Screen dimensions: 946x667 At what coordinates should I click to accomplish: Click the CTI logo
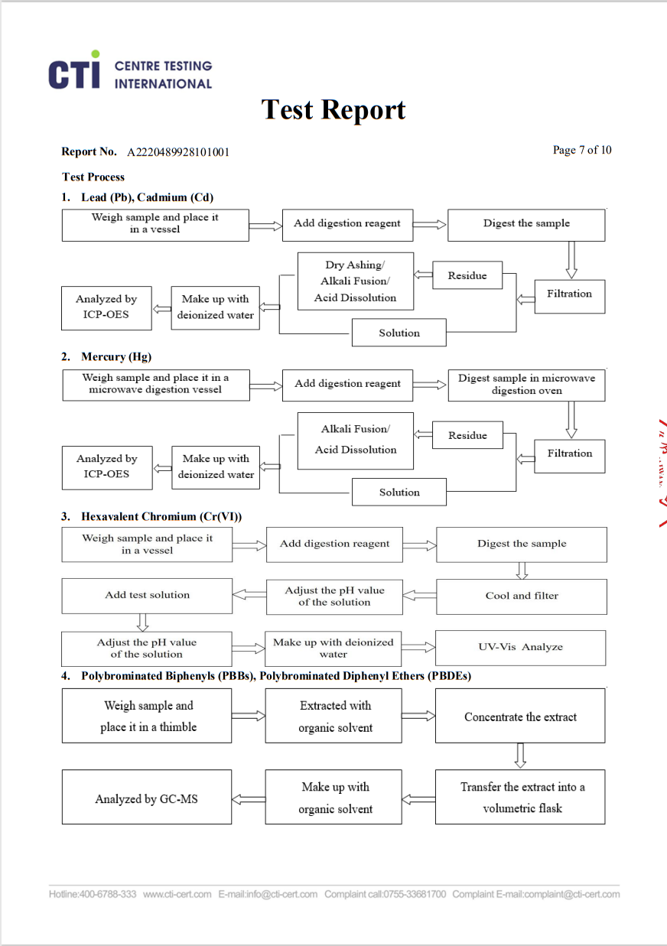point(74,71)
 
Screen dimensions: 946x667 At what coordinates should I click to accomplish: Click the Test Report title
point(333,110)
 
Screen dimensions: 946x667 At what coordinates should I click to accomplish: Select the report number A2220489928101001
point(178,151)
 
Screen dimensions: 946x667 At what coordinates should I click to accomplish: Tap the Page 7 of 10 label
point(582,150)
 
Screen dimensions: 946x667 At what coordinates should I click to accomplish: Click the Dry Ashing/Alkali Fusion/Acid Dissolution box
point(355,281)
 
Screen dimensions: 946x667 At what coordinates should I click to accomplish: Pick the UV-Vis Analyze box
point(520,647)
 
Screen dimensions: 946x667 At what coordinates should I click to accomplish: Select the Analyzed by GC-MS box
point(147,798)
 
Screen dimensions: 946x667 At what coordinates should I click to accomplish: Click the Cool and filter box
point(522,596)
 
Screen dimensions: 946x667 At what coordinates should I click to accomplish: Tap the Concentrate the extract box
point(520,717)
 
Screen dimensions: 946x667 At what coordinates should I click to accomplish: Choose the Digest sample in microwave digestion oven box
point(526,384)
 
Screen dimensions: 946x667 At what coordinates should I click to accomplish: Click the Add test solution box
point(147,595)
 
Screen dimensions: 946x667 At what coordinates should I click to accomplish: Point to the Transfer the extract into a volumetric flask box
point(520,798)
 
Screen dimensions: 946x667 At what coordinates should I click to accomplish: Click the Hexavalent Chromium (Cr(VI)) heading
point(161,516)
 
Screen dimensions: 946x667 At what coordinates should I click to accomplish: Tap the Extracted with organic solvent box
point(335,717)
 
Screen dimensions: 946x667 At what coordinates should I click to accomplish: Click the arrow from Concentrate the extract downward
point(520,756)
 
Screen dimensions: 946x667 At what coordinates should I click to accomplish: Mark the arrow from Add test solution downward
point(142,622)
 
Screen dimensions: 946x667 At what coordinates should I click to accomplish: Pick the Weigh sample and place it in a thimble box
point(147,717)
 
